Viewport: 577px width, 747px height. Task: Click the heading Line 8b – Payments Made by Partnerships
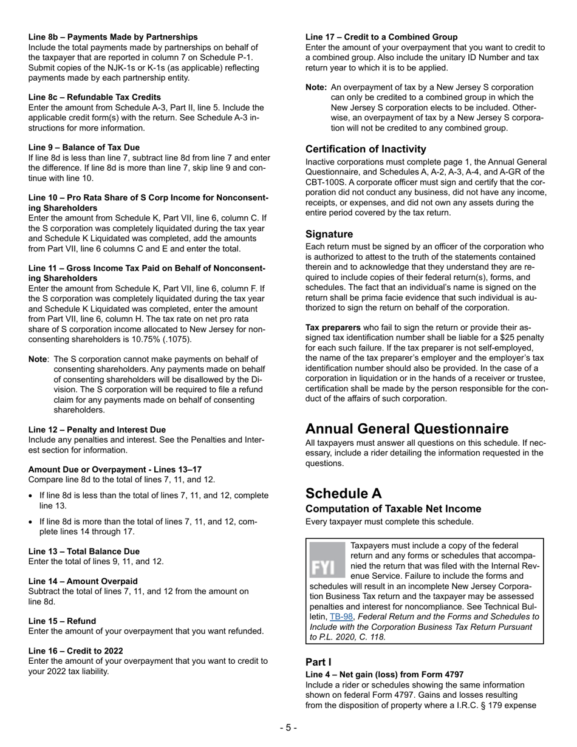(x=113, y=37)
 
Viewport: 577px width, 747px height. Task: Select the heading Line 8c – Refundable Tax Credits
(x=95, y=97)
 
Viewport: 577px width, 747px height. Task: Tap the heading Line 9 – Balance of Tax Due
(x=84, y=147)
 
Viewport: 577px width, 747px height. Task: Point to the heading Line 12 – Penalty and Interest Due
(x=97, y=429)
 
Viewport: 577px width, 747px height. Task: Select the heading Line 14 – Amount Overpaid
(x=83, y=581)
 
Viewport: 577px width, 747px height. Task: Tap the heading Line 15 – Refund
(x=62, y=621)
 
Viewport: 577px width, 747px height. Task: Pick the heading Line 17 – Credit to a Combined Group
(x=381, y=37)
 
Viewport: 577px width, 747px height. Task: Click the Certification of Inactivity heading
(x=366, y=149)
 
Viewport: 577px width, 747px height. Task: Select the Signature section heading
(x=329, y=234)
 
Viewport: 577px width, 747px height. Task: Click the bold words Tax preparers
(x=333, y=327)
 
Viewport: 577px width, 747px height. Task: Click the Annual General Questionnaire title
(x=407, y=429)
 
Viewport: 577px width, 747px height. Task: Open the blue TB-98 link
(x=341, y=616)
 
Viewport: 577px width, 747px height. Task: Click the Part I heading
(x=318, y=661)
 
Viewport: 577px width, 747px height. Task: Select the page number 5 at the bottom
(x=288, y=728)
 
